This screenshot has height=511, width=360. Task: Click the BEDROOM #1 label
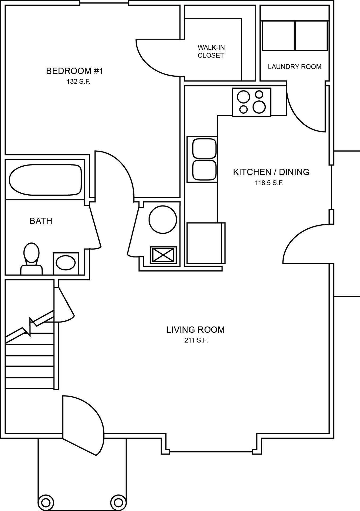(x=75, y=71)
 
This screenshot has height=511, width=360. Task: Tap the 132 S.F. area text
(x=79, y=82)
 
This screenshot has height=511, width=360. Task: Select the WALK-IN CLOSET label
(x=211, y=51)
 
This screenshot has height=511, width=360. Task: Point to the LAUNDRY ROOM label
(x=294, y=67)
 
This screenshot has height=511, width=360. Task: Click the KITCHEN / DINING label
(x=271, y=172)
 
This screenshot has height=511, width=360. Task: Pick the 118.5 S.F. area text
(x=269, y=183)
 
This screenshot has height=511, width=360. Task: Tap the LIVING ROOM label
(x=196, y=330)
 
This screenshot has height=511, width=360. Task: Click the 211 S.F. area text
(x=196, y=340)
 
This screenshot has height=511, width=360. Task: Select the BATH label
(x=41, y=221)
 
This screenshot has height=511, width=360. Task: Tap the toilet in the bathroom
(x=31, y=259)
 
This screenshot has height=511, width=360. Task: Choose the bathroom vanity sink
(x=66, y=263)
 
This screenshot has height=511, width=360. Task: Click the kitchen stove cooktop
(x=252, y=102)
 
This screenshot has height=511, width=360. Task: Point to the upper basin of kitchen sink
(x=204, y=149)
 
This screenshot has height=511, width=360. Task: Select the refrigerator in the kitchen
(x=206, y=243)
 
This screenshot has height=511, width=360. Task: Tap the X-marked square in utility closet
(x=163, y=255)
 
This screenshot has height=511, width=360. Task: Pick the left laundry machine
(x=278, y=36)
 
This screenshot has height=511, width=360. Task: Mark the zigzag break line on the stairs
(x=29, y=326)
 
